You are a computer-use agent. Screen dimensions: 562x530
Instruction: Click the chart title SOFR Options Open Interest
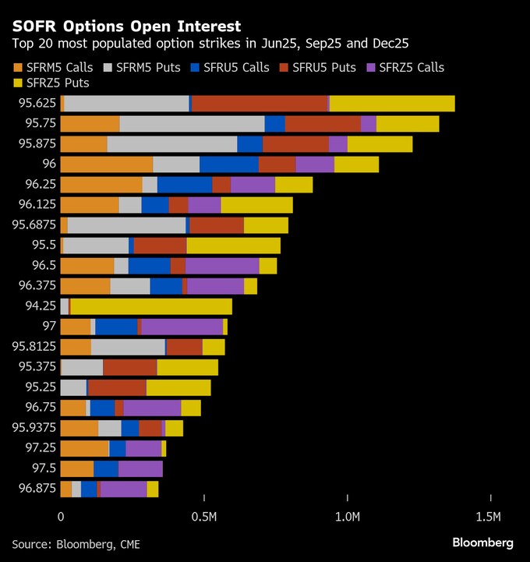[126, 27]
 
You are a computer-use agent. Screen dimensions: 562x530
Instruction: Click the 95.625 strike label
[37, 104]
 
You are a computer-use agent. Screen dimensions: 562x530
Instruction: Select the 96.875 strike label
[37, 489]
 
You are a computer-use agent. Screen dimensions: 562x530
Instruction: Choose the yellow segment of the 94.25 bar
[151, 306]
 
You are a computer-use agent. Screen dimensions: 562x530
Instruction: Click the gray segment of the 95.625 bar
[127, 104]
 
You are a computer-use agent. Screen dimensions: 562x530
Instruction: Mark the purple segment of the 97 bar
[182, 327]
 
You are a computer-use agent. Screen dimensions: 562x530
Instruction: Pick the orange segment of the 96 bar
[107, 164]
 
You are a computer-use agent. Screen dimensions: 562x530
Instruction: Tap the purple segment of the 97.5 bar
[140, 468]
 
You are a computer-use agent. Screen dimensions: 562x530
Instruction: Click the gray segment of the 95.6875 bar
[127, 225]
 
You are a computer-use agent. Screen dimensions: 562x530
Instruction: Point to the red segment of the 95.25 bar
[117, 387]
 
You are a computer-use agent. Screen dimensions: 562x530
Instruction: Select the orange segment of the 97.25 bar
[85, 448]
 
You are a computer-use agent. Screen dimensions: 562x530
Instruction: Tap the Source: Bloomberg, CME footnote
[76, 543]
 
